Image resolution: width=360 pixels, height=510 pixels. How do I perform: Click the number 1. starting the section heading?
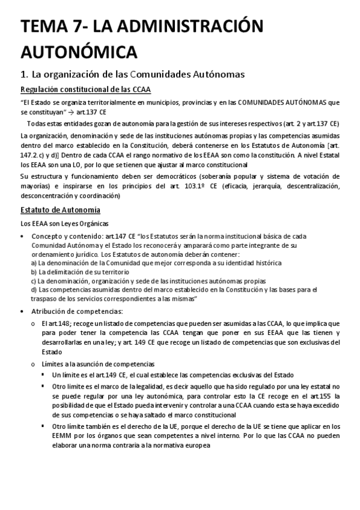coord(25,75)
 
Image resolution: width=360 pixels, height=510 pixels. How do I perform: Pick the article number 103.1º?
coord(200,186)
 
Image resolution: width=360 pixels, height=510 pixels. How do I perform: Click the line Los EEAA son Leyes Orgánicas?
coord(59,224)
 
